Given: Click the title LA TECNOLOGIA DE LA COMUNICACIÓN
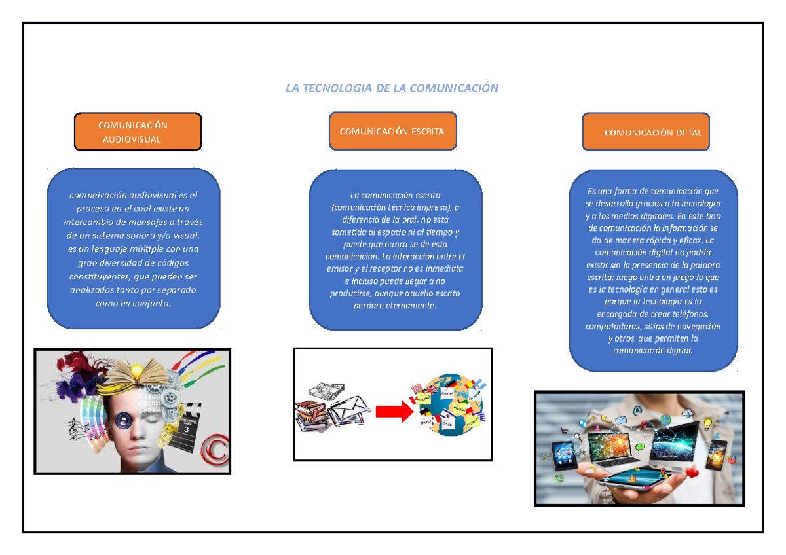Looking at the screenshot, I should tap(392, 88).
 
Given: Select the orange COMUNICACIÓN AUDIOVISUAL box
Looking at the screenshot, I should tap(138, 132).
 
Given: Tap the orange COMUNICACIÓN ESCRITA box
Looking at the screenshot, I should tap(392, 131).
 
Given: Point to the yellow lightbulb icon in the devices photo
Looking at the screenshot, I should tap(707, 424).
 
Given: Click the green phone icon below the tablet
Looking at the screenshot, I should tap(559, 478).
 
